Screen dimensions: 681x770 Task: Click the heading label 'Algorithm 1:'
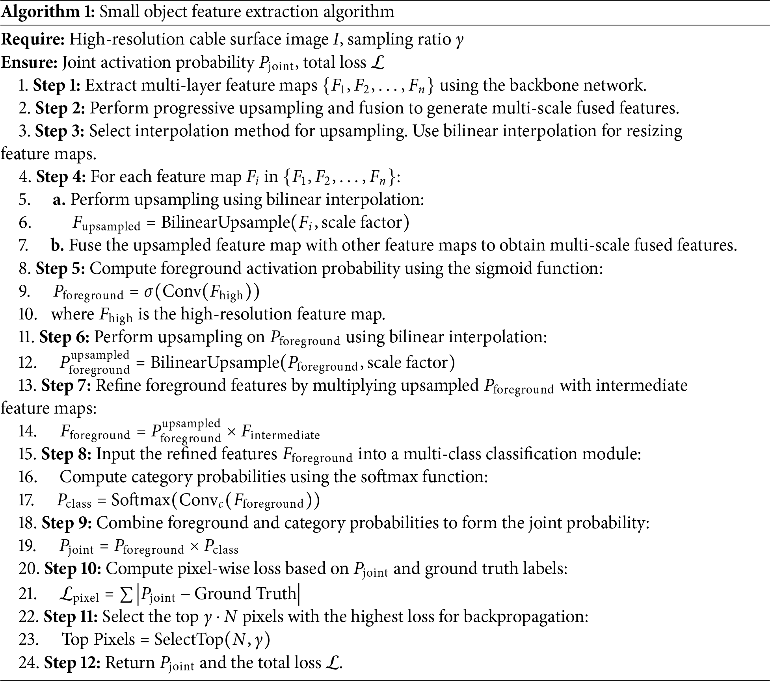pos(48,12)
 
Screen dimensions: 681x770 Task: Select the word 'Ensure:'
pos(30,62)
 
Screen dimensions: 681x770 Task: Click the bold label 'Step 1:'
pos(57,85)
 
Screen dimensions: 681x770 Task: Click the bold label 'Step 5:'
pos(60,268)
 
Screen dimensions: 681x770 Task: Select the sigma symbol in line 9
pos(148,292)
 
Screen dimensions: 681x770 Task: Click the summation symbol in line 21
pos(126,595)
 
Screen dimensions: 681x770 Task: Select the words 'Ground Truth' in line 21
pos(245,593)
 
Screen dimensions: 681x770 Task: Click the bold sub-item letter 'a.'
pos(59,200)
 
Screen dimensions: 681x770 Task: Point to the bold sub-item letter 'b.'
pos(58,245)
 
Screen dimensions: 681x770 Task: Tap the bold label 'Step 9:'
pos(67,523)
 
